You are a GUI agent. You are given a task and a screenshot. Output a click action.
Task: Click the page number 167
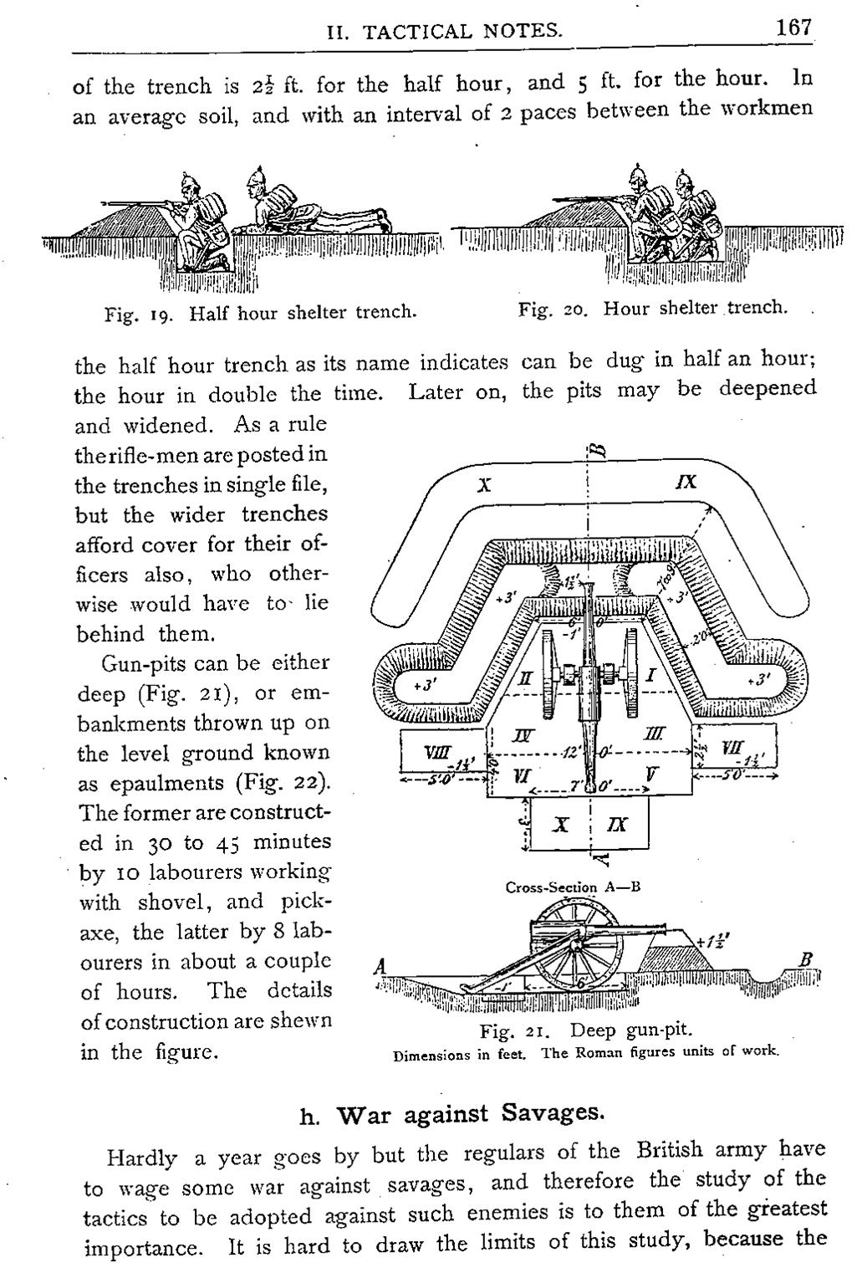(793, 28)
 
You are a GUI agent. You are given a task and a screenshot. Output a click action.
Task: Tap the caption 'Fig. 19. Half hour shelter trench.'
(260, 314)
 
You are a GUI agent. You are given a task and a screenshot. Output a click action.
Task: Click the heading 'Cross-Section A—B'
(573, 887)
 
